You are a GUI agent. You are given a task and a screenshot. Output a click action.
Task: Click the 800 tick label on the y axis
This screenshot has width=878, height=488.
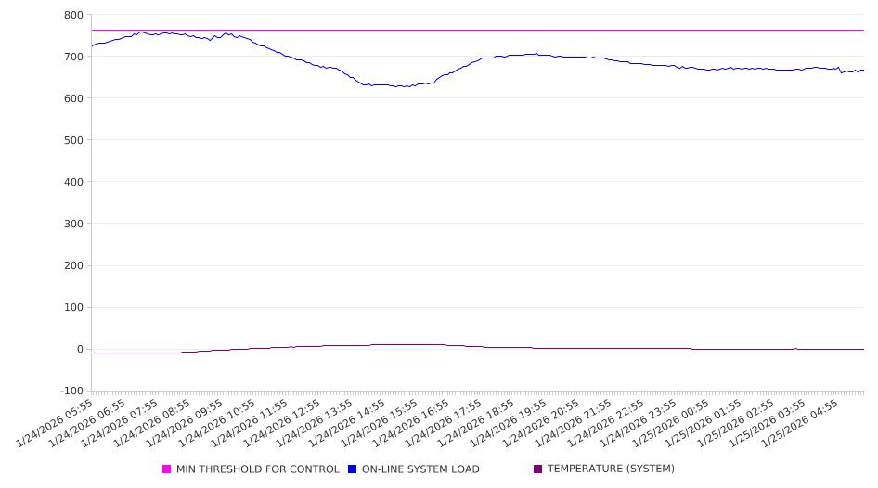click(x=72, y=15)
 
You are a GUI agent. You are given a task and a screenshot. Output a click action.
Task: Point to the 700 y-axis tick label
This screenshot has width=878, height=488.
click(x=72, y=57)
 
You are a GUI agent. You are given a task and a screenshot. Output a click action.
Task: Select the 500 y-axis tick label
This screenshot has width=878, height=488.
click(x=72, y=140)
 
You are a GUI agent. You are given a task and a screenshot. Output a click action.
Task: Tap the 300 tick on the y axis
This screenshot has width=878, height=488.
click(x=72, y=224)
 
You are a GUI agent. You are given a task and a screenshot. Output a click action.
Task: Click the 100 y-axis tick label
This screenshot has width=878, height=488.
click(x=72, y=307)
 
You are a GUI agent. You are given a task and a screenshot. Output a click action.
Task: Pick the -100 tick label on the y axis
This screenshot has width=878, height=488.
click(x=70, y=391)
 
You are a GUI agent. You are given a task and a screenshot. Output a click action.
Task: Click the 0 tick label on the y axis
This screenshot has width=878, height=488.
click(x=79, y=349)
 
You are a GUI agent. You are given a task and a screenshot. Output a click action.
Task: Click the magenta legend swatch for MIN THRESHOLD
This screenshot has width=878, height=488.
click(x=167, y=469)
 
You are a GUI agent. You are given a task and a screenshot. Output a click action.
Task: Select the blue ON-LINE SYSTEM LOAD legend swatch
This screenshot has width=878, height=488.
click(x=353, y=469)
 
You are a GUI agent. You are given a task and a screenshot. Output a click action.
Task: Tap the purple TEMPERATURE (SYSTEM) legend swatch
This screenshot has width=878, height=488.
click(x=538, y=469)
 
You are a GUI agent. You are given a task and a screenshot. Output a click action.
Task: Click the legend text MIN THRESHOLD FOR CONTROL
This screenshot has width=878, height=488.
click(x=258, y=469)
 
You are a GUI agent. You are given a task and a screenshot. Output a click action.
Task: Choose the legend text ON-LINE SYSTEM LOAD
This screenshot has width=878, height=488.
click(x=420, y=469)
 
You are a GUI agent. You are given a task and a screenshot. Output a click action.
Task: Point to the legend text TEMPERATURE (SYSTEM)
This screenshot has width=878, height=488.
click(x=611, y=469)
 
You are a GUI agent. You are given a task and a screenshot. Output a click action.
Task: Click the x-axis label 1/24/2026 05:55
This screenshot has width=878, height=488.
click(x=56, y=423)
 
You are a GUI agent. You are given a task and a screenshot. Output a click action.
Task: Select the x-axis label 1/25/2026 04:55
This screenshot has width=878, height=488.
click(x=802, y=423)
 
